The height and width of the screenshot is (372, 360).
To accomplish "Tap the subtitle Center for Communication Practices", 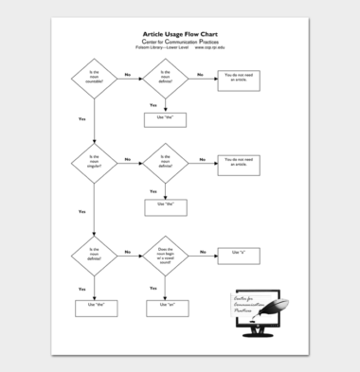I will click(180, 40).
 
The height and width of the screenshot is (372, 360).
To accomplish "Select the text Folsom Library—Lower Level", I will click(162, 46).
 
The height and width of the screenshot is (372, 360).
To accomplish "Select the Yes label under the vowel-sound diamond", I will click(154, 287).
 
